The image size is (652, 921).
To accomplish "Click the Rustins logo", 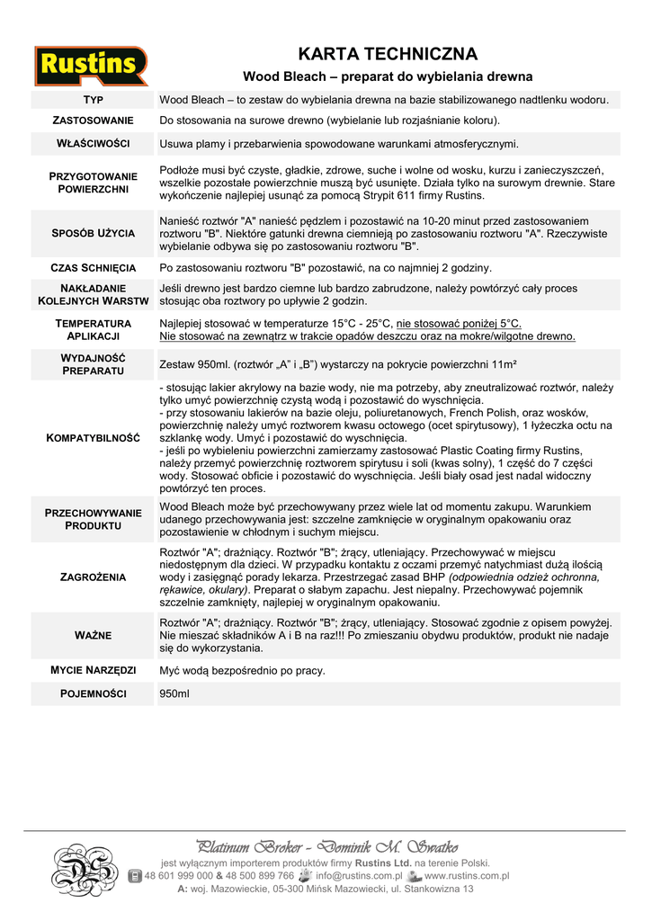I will pos(91,66).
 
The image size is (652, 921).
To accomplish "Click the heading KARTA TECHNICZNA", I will pos(388,54).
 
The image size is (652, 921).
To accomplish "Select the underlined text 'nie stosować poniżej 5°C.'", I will pos(459,324).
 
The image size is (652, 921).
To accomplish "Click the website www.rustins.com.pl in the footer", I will pos(467,875).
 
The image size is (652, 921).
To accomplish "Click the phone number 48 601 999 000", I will pos(178,875).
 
